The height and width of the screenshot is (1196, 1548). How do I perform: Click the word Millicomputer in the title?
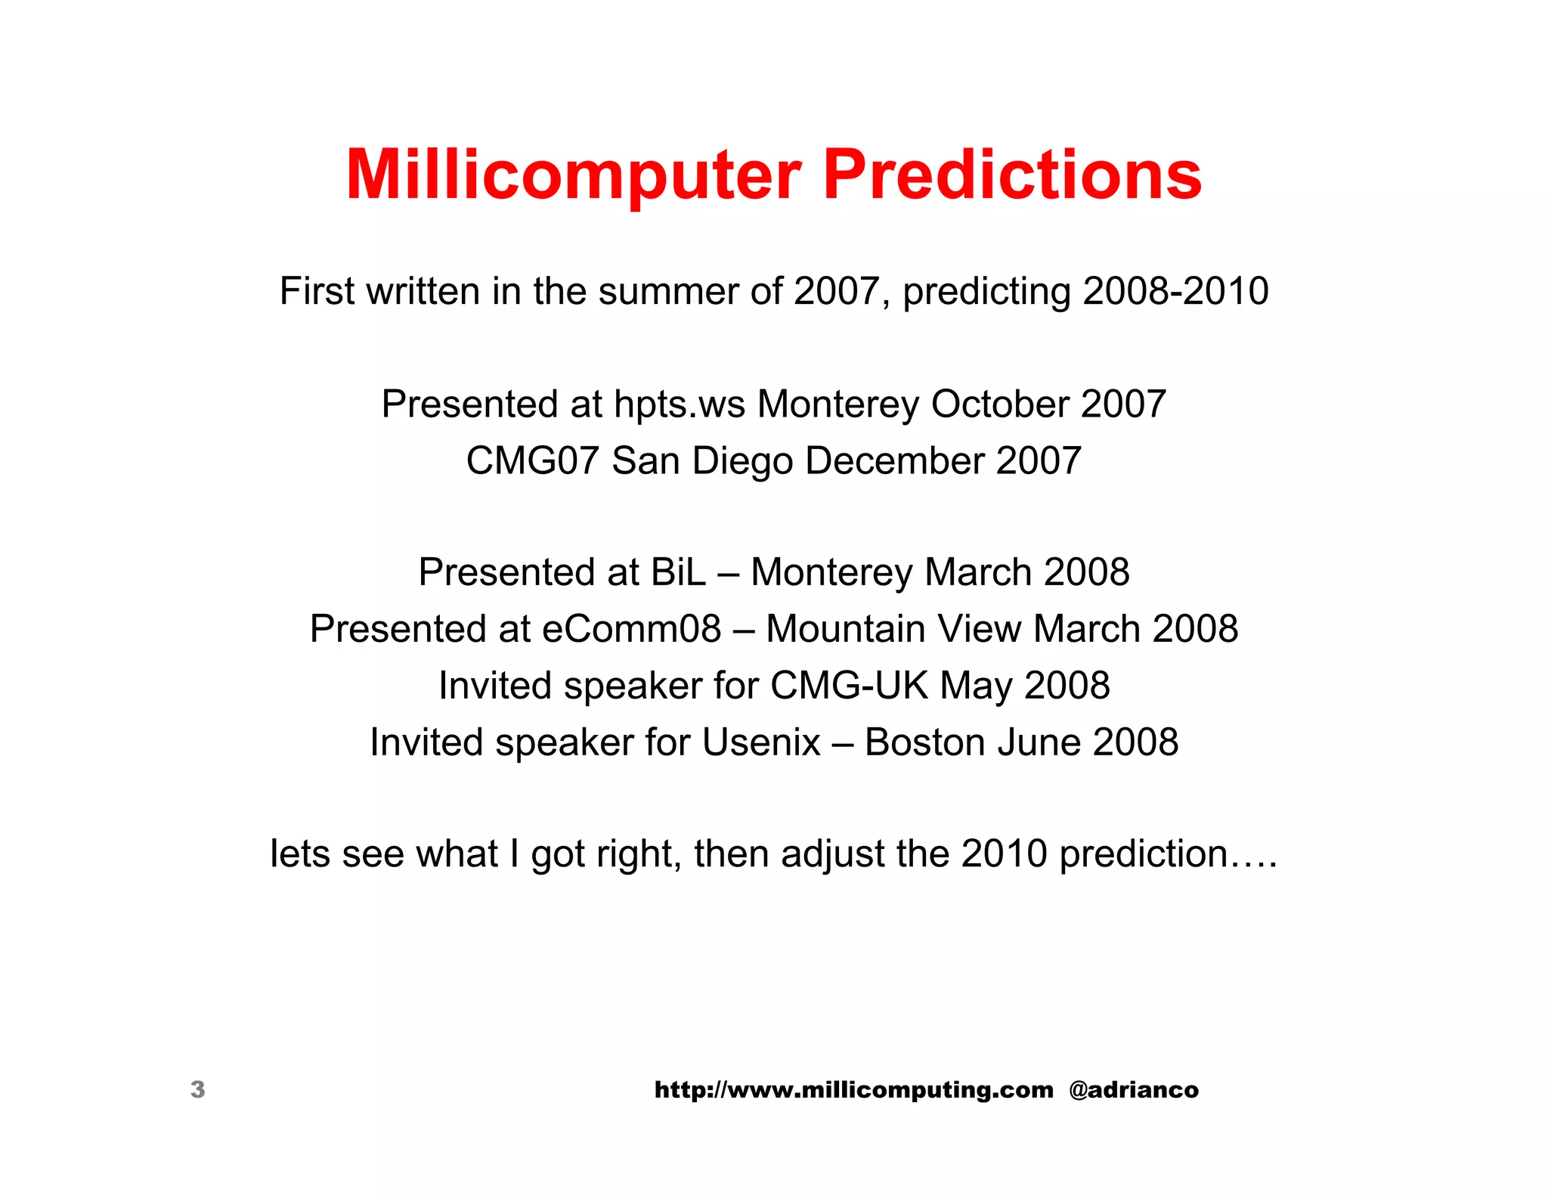coord(573,175)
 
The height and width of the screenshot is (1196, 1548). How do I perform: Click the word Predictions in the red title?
coord(1012,175)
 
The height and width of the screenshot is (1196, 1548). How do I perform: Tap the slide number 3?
coord(197,1089)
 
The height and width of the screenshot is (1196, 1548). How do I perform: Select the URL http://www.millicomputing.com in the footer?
coord(853,1089)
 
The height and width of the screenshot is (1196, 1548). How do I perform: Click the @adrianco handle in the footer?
coord(1133,1089)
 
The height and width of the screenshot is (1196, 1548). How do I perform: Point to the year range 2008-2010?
coord(1175,291)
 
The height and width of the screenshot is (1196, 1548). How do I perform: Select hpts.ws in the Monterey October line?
coord(679,404)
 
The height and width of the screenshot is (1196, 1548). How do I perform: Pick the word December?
coord(894,460)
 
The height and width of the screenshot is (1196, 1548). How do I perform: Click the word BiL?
coord(678,572)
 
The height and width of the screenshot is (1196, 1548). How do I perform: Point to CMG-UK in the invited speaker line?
coord(849,686)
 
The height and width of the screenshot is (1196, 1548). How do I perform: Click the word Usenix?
coord(760,742)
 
